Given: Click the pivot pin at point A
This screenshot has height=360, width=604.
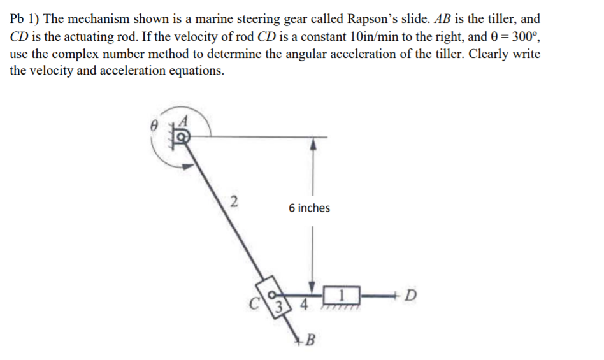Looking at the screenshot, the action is click(182, 136).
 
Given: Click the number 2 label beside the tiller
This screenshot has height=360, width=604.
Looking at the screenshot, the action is click(234, 203).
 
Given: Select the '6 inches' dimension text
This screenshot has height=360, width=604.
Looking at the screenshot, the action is click(309, 208).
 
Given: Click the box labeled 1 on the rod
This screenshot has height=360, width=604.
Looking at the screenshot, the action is click(342, 295).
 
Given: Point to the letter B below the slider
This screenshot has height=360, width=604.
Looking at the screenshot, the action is click(312, 338).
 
